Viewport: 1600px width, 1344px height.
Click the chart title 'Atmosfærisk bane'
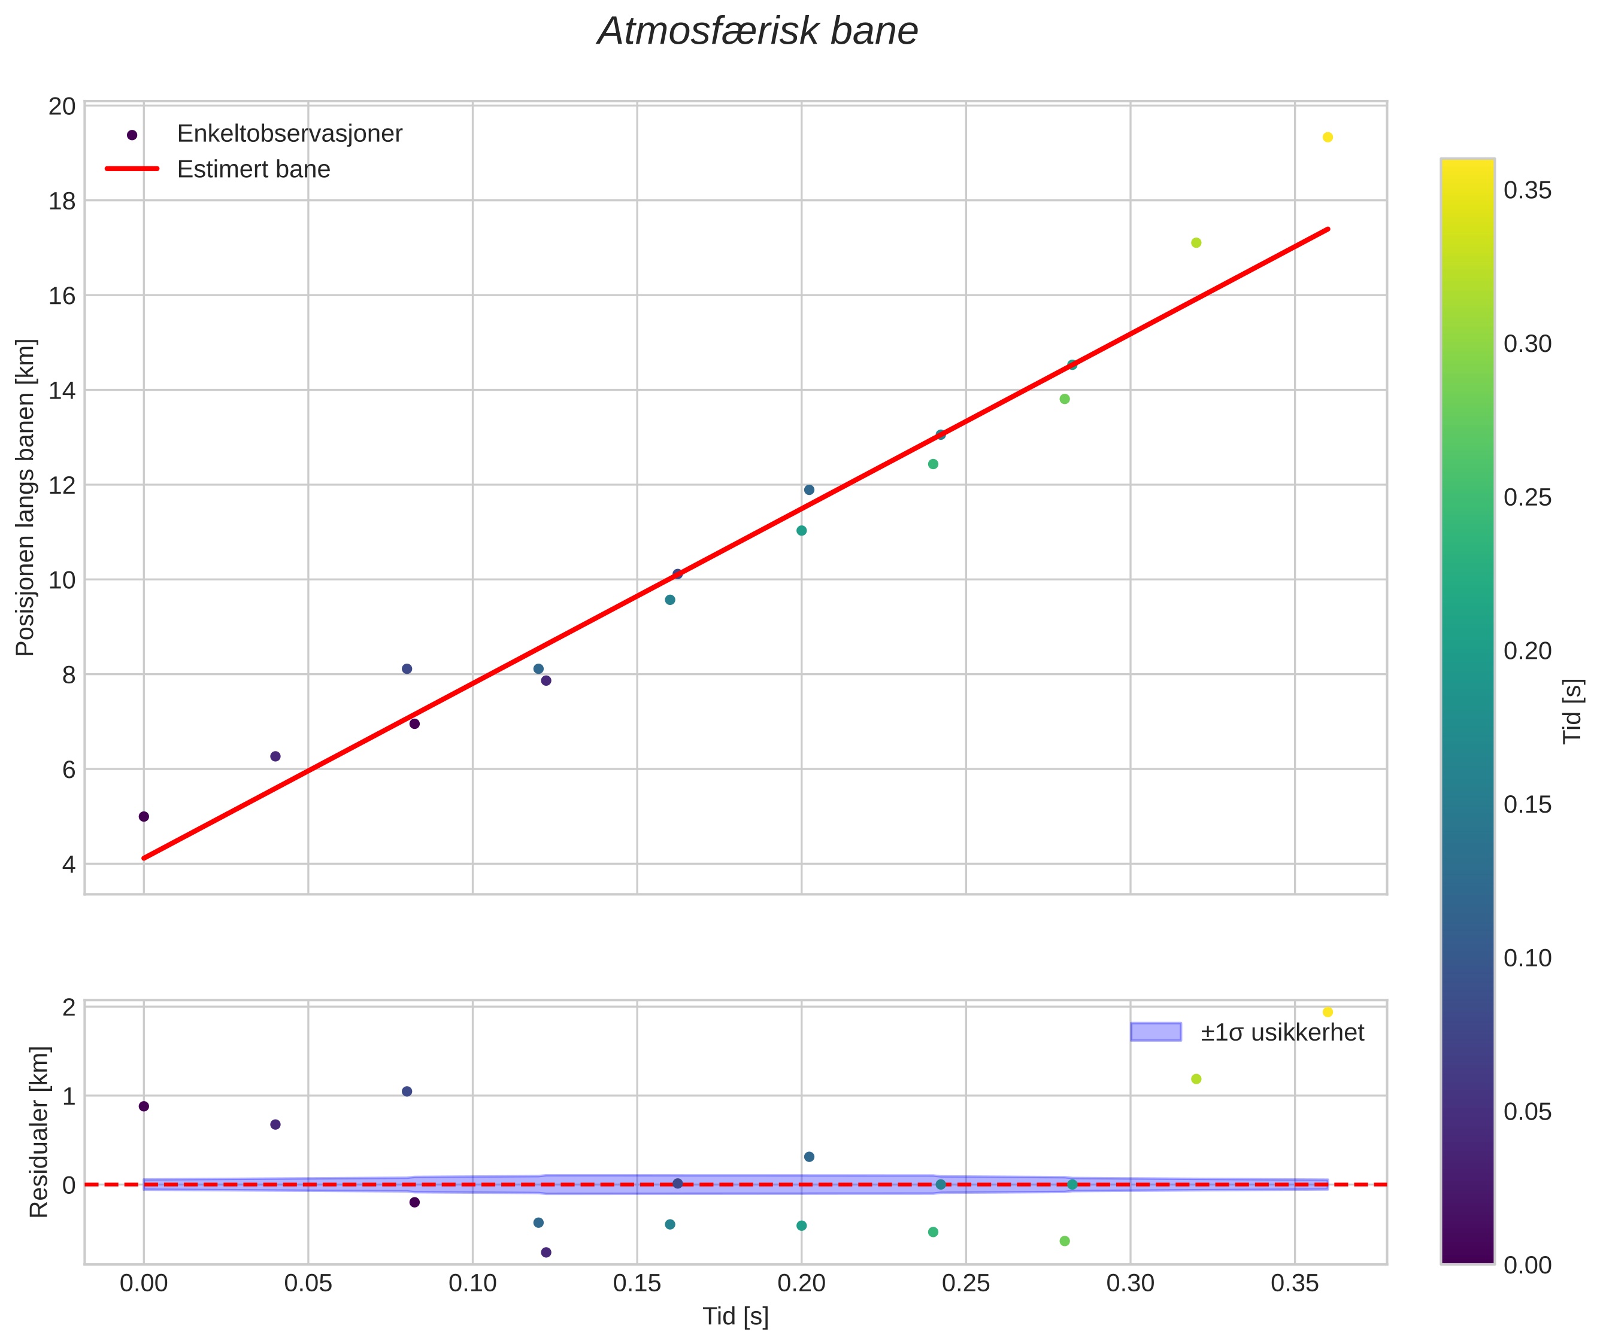(757, 32)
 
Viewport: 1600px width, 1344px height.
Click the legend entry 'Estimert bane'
(253, 169)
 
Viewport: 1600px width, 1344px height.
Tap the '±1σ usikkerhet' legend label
(1281, 1032)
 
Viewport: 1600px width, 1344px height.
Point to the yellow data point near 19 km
(1327, 137)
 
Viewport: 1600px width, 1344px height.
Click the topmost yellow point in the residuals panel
(1327, 1012)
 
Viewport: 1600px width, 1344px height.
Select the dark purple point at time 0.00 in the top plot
(143, 816)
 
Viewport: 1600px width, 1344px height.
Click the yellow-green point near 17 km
(1196, 242)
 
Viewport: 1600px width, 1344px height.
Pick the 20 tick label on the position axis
(62, 107)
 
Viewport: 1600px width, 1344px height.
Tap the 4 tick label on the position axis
(69, 865)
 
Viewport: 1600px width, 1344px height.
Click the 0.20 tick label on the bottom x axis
(801, 1284)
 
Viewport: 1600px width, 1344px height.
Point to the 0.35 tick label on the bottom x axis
(1295, 1284)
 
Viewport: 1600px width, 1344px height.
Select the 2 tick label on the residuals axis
(69, 1008)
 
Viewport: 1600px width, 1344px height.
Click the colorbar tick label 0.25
(1527, 497)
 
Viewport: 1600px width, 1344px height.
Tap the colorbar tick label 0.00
(1527, 1265)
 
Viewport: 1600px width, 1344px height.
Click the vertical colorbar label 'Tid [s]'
(1572, 711)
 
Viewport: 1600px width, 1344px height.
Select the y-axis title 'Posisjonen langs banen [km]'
(25, 497)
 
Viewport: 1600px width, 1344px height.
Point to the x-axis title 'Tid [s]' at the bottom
(735, 1316)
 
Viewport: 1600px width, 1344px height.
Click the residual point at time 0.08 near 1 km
(407, 1091)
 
